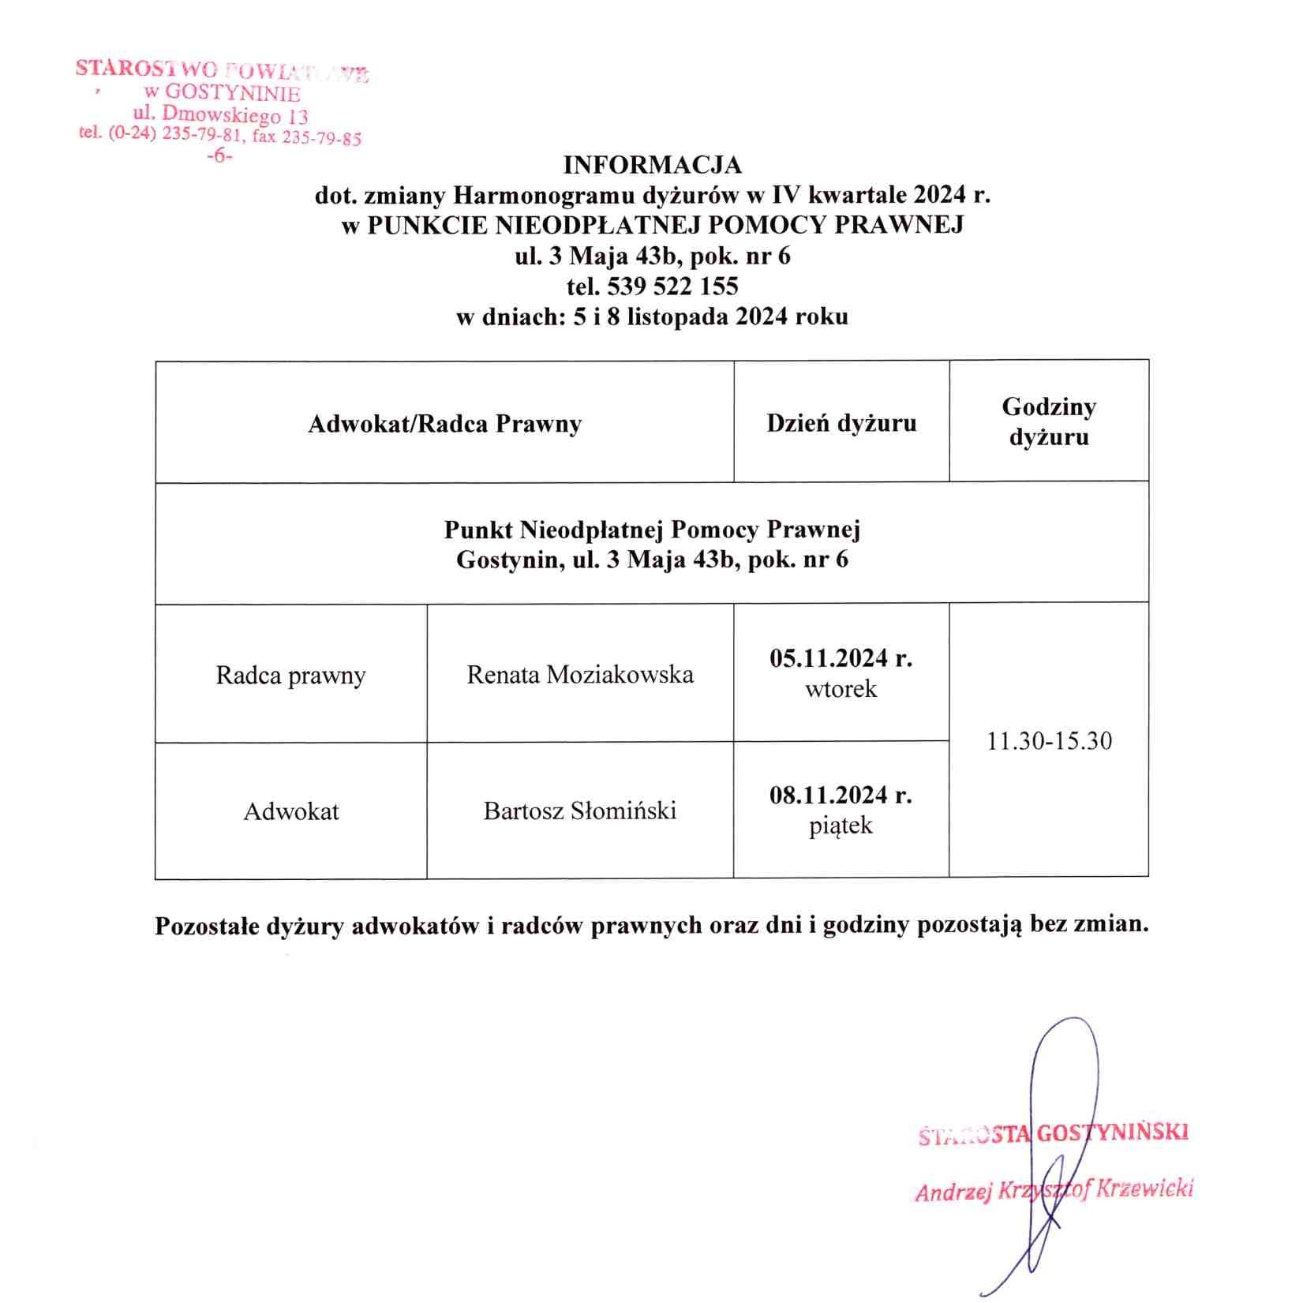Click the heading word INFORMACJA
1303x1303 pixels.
tap(652, 165)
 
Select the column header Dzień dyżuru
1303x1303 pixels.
tap(841, 423)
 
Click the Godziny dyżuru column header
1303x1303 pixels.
tap(1049, 421)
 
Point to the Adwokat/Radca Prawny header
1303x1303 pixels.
tap(444, 424)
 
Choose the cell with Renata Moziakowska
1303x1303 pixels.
tap(580, 675)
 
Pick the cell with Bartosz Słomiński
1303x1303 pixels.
tap(580, 811)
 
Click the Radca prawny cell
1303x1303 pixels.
tap(290, 676)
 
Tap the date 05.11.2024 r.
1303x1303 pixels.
tap(841, 658)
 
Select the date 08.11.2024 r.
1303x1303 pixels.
tap(841, 795)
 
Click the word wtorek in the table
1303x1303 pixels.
tap(841, 689)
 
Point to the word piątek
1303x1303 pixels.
tap(841, 826)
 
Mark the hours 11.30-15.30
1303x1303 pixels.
tap(1049, 741)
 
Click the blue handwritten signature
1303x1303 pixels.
tap(1061, 1105)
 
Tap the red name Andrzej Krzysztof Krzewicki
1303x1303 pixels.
tap(1054, 1190)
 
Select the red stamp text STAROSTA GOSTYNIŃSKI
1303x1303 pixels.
tap(1054, 1134)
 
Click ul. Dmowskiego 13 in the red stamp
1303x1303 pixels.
tap(221, 115)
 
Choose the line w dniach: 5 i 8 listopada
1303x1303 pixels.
tap(652, 316)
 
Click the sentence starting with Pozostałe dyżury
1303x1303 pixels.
tap(651, 925)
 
